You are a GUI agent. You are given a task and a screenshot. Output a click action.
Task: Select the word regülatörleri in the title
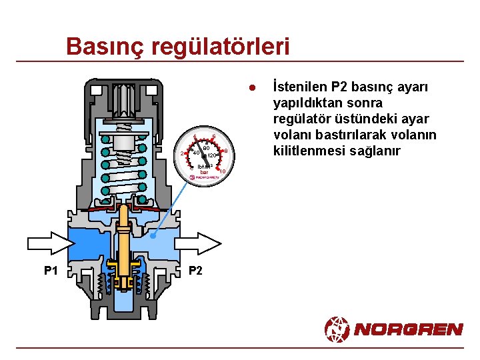point(221,47)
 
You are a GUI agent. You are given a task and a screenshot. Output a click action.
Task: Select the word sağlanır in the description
point(377,151)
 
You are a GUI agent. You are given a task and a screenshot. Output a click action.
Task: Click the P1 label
point(51,271)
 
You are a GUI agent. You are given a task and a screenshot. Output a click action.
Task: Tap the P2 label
point(196,271)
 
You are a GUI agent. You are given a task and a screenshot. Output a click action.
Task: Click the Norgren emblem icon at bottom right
point(337,329)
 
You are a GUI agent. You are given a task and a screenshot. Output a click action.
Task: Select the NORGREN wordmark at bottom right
point(409,329)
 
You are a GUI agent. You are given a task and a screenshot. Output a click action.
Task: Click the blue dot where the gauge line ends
point(153,236)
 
